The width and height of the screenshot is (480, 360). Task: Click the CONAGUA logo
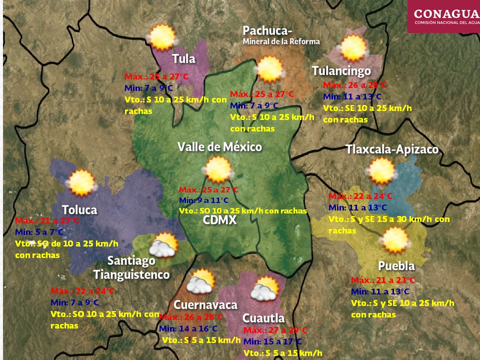click(443, 16)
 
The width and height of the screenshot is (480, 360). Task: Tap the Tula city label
click(183, 59)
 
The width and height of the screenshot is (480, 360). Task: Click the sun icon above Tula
click(162, 37)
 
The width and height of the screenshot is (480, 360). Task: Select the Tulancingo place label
click(341, 71)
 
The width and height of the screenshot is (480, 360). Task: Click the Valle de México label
click(219, 147)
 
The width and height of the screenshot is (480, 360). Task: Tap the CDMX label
click(219, 220)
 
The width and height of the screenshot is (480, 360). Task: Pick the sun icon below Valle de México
click(218, 169)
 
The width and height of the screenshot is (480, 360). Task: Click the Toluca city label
click(79, 209)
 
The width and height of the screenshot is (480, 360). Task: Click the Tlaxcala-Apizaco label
click(392, 149)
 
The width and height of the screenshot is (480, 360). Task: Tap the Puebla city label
click(396, 265)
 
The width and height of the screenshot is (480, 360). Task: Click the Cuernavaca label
click(205, 305)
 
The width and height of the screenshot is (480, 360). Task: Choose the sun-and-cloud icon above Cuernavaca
click(201, 282)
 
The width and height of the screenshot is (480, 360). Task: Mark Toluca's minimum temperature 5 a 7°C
click(39, 232)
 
